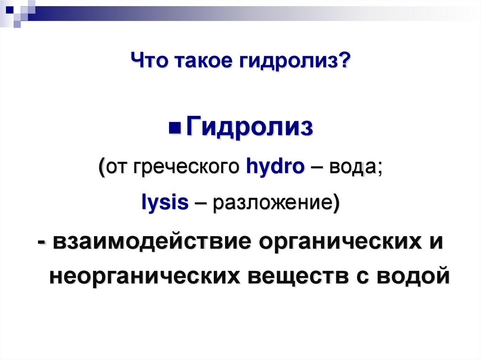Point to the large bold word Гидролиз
(x=249, y=128)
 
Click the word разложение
(x=271, y=205)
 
